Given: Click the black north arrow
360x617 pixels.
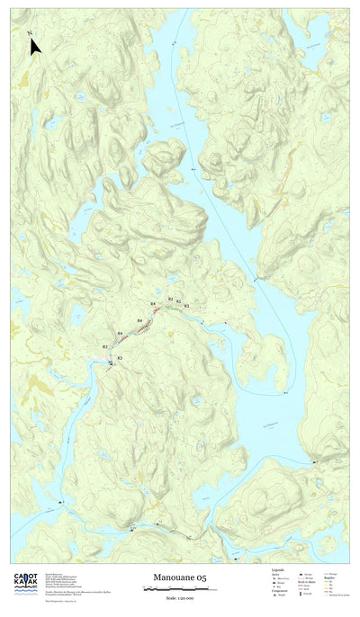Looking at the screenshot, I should (x=33, y=44).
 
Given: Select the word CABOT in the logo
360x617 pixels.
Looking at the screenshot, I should (x=24, y=577).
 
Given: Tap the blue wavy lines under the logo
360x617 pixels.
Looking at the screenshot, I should (x=24, y=595).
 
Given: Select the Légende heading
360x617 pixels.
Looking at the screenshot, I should (x=278, y=569).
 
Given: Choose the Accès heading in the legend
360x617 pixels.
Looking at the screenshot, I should (x=275, y=574).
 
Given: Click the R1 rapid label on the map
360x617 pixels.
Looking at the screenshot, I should (x=179, y=301).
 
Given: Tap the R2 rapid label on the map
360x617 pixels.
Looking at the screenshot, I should (x=170, y=299).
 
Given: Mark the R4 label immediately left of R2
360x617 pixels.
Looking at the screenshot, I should (x=153, y=305).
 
